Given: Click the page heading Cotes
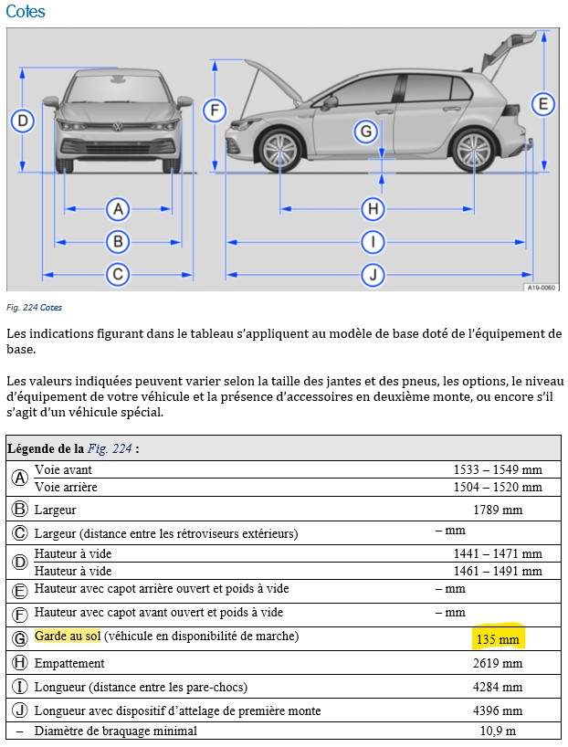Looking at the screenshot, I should pos(25,12).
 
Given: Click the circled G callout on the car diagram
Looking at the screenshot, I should pos(366,132).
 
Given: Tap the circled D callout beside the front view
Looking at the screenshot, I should pos(24,121).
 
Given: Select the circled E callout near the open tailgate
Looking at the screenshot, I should pos(543,104).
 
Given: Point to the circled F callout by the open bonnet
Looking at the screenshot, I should pos(214,110).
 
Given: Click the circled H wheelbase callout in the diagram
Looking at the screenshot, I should pos(372,209).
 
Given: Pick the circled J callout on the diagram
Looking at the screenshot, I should pos(372,274).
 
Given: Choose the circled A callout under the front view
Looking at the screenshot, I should pos(117,209).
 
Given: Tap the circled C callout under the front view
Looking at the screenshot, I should pos(117,274).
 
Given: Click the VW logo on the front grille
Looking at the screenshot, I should pos(117,127).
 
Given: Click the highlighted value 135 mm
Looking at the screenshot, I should pos(497,639).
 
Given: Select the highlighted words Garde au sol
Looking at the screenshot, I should pos(68,636).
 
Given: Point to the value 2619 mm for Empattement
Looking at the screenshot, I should pos(500,663).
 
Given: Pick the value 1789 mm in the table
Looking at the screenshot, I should pos(498,510).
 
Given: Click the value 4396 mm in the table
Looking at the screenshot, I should pos(500,710).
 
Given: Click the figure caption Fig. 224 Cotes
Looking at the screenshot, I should pos(34,308).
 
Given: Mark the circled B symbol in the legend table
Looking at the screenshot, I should pos(19,510).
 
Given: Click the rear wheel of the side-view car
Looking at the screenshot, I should pos(473,150).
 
